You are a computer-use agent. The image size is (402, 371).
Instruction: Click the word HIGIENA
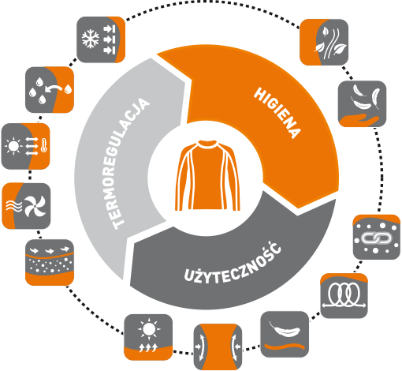(277, 113)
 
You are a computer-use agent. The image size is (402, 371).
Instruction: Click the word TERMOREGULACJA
(128, 163)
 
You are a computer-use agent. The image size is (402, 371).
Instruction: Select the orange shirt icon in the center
(207, 175)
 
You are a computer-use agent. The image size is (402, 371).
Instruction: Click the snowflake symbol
(91, 39)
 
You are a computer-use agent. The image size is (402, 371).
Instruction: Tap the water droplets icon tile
(50, 90)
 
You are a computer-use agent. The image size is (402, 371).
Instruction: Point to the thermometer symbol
(44, 145)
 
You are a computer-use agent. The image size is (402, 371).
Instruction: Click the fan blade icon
(35, 206)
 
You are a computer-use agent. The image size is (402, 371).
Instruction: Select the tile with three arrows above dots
(50, 262)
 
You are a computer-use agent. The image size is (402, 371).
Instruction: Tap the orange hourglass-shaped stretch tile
(218, 347)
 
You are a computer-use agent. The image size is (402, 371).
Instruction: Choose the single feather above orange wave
(284, 329)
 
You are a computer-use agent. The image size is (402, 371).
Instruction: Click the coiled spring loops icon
(344, 293)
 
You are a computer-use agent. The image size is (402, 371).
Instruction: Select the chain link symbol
(376, 238)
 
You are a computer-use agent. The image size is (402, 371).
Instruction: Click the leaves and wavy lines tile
(324, 42)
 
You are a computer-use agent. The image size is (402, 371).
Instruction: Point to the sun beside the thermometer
(13, 146)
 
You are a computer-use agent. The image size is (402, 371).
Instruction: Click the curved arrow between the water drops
(54, 89)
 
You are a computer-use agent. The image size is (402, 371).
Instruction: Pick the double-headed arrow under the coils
(344, 305)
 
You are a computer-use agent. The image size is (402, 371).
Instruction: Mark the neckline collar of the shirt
(207, 144)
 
